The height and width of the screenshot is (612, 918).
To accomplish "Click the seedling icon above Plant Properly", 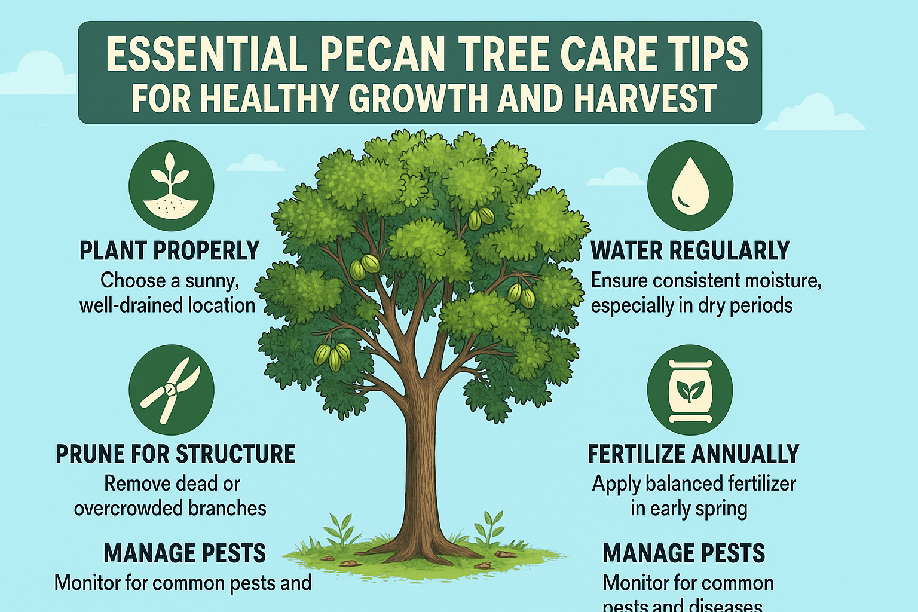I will pyautogui.click(x=171, y=182).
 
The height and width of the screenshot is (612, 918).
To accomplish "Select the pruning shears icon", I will pyautogui.click(x=171, y=389).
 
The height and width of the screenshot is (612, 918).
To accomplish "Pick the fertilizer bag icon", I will pyautogui.click(x=690, y=390).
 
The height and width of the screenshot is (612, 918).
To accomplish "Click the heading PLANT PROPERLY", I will pyautogui.click(x=169, y=251).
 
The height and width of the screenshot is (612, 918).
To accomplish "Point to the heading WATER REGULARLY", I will pyautogui.click(x=690, y=251).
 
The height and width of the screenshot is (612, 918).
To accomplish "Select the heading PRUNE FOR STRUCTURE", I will pyautogui.click(x=175, y=454).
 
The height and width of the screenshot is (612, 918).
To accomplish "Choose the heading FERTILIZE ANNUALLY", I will pyautogui.click(x=693, y=454).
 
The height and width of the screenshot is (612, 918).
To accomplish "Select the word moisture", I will pyautogui.click(x=776, y=281).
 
